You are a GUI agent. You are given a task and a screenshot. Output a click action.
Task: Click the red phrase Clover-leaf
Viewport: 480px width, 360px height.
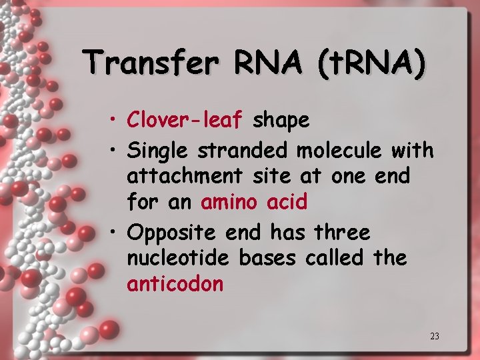(x=186, y=120)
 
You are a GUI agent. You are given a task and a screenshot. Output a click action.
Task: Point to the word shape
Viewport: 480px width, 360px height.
(x=281, y=121)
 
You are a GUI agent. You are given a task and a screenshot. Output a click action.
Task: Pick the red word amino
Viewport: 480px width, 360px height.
(x=229, y=202)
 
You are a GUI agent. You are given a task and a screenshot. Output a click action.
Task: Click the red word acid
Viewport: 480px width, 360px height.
(x=287, y=202)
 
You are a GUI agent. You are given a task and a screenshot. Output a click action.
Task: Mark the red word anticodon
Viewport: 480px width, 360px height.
(x=175, y=284)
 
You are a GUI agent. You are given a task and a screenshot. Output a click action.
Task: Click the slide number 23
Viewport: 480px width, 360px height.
(x=435, y=336)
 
